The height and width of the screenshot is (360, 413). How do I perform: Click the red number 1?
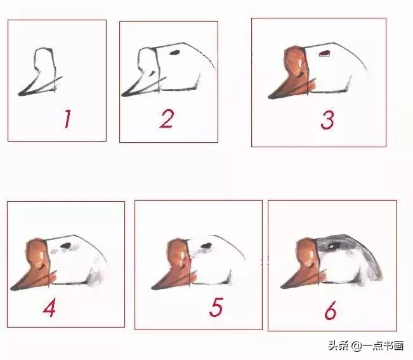point(66,119)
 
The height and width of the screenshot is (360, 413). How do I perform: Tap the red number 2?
point(166,118)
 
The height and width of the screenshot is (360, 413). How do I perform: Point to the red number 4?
point(49,307)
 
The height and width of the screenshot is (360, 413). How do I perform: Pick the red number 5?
point(216,307)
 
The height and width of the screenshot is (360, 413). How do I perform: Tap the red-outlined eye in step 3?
point(325,53)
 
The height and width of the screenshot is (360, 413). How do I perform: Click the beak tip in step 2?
point(123,95)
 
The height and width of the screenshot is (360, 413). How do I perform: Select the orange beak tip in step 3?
point(270,97)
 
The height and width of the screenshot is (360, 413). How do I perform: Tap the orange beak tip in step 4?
point(13,289)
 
